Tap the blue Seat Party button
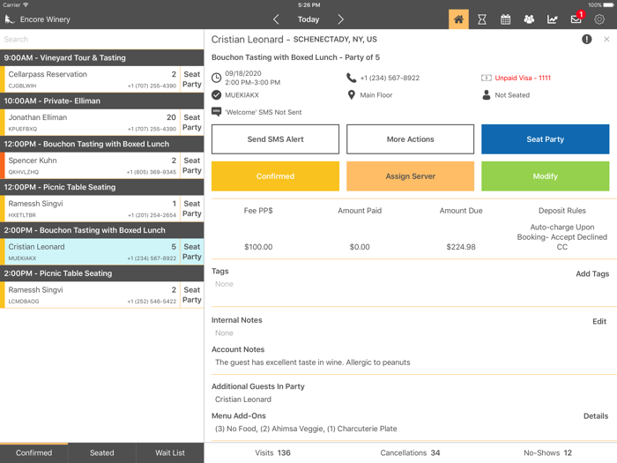click(x=545, y=139)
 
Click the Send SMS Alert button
click(x=275, y=139)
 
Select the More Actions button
click(x=410, y=139)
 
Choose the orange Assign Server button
click(x=410, y=176)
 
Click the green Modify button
click(x=545, y=176)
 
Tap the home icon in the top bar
click(x=458, y=19)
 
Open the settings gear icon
click(x=599, y=19)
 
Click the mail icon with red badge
click(x=576, y=19)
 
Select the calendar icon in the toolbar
click(x=506, y=19)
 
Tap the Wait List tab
click(x=170, y=452)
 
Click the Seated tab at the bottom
click(x=102, y=452)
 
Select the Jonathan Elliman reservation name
click(x=37, y=117)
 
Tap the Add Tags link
click(x=592, y=274)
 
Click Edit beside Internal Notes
click(x=599, y=322)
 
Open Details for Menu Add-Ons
click(x=596, y=416)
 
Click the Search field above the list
click(x=101, y=39)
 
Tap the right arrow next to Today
click(x=341, y=19)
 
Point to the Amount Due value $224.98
click(x=461, y=247)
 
